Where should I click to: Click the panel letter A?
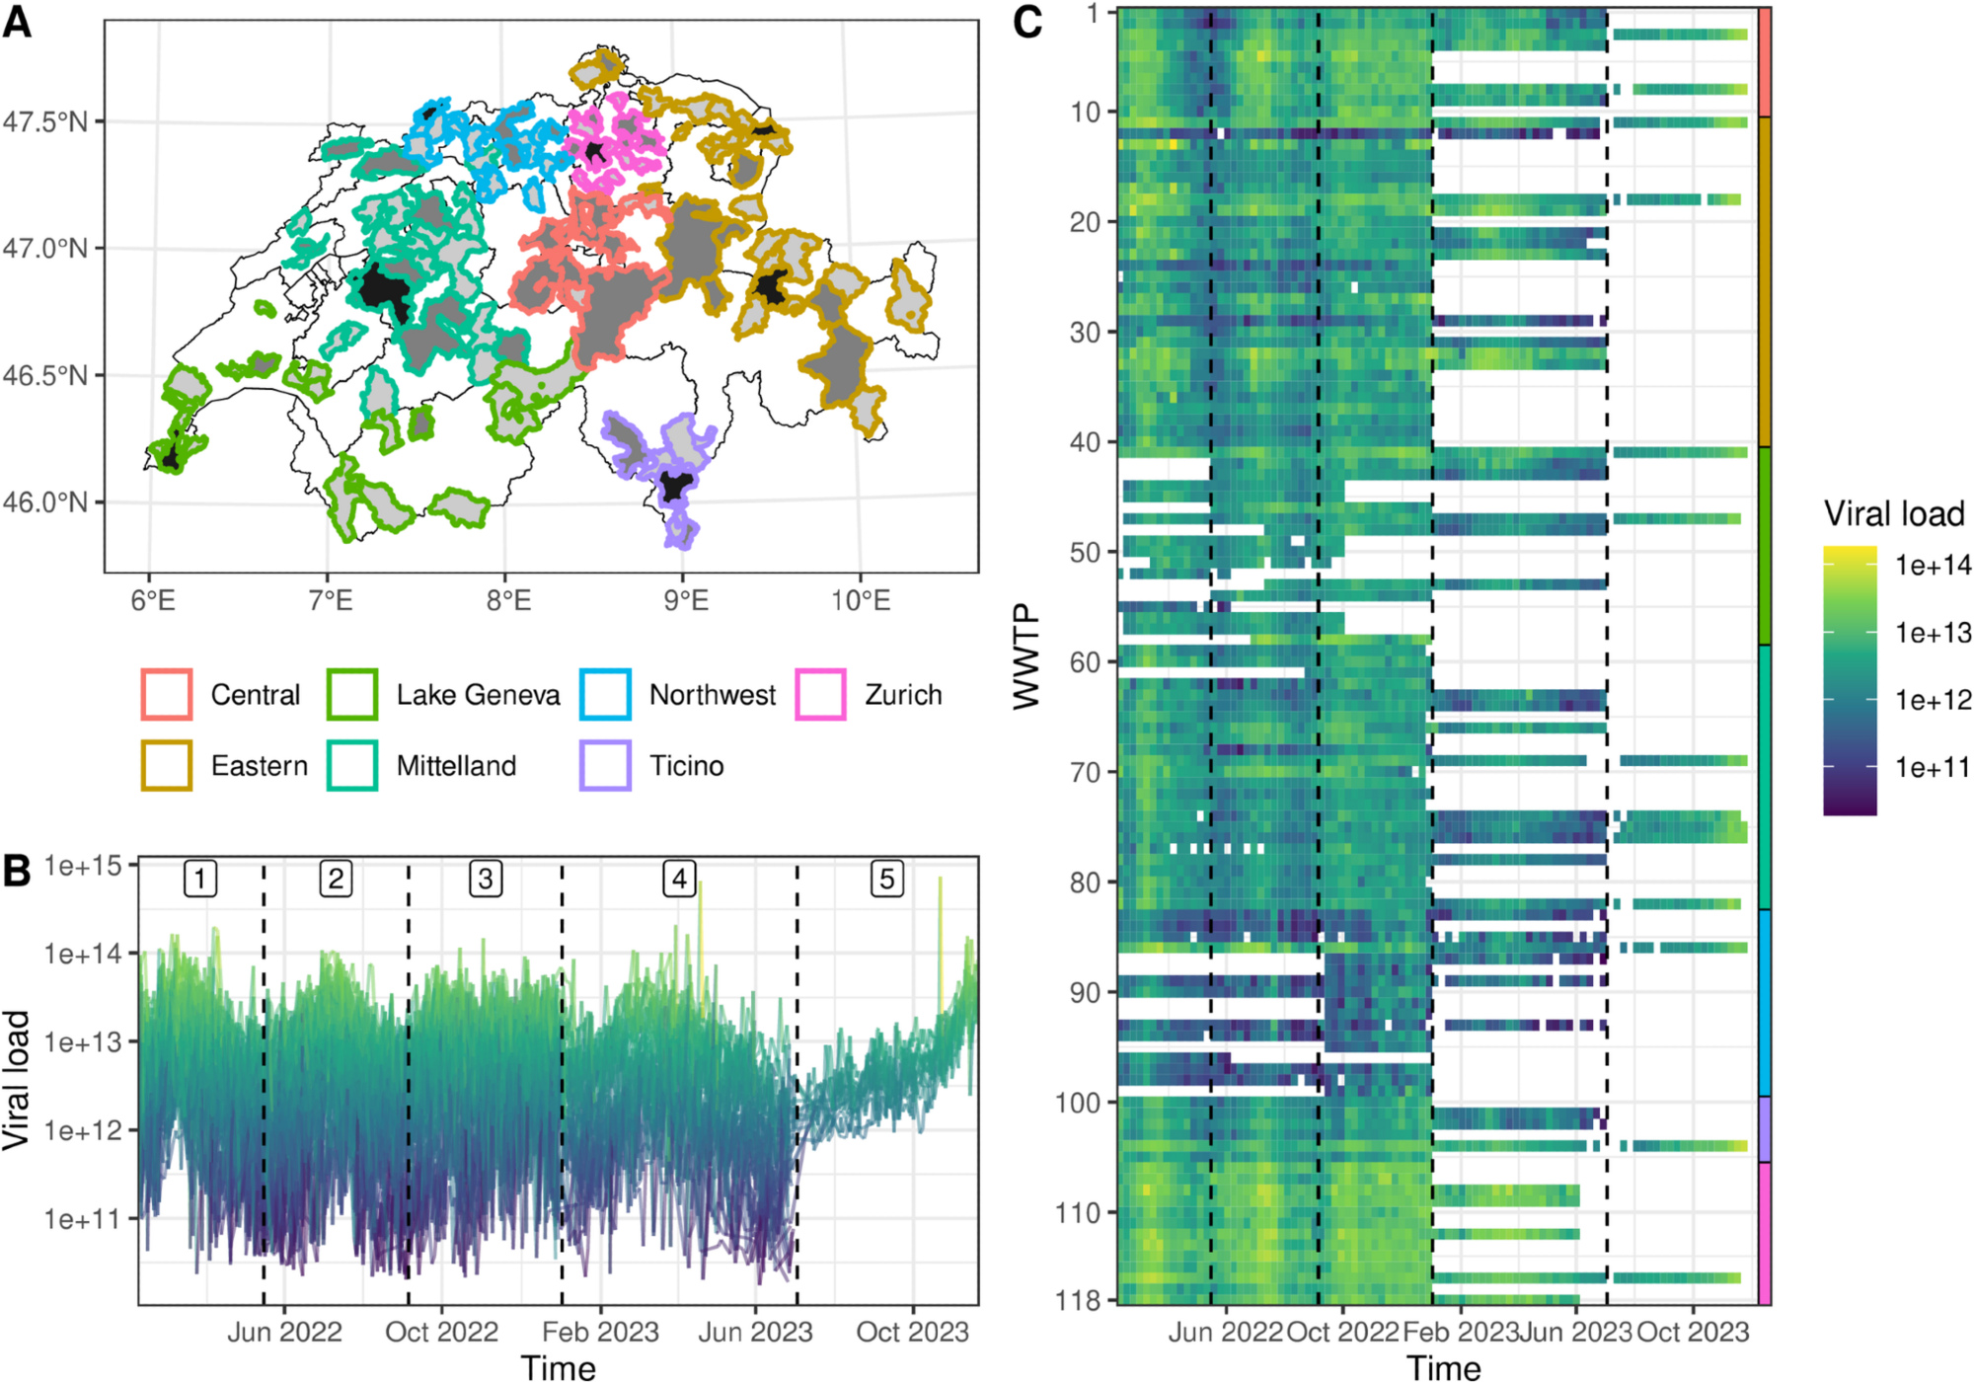pyautogui.click(x=17, y=21)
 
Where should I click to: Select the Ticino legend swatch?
pyautogui.click(x=605, y=766)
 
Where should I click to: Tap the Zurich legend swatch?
pyautogui.click(x=820, y=695)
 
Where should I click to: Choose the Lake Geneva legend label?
pyautogui.click(x=478, y=695)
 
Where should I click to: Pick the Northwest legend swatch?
pyautogui.click(x=605, y=695)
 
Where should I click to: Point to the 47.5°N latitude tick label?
pyautogui.click(x=45, y=122)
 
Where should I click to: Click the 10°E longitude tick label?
pyautogui.click(x=861, y=600)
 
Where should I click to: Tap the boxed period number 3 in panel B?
pyautogui.click(x=486, y=879)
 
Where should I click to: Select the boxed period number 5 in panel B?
pyautogui.click(x=886, y=879)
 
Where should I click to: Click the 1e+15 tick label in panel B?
pyautogui.click(x=83, y=867)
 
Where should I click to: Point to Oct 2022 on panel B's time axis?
pyautogui.click(x=441, y=1333)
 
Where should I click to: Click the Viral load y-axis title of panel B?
pyautogui.click(x=17, y=1080)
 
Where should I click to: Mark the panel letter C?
pyautogui.click(x=1027, y=21)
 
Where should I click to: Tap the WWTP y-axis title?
pyautogui.click(x=1027, y=656)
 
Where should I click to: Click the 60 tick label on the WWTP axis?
pyautogui.click(x=1085, y=662)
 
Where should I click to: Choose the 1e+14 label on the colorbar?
pyautogui.click(x=1933, y=566)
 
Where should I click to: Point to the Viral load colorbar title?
pyautogui.click(x=1893, y=513)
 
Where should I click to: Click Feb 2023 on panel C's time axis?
pyautogui.click(x=1460, y=1333)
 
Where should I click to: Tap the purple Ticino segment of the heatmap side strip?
pyautogui.click(x=1765, y=1129)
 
